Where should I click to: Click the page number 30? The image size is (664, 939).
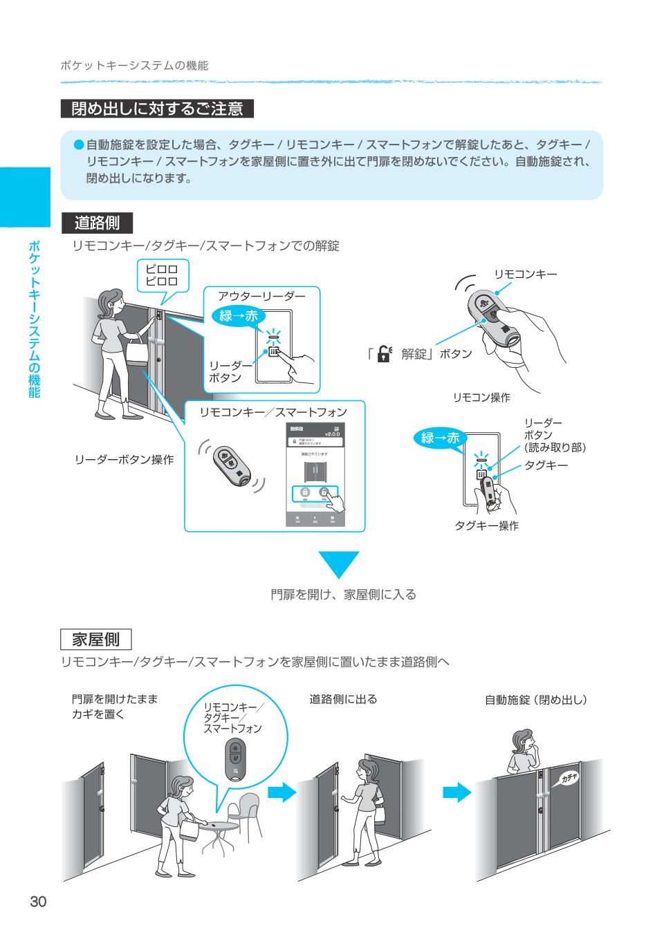(37, 902)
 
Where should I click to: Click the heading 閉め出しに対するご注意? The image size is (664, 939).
(157, 109)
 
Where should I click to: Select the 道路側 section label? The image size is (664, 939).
(97, 223)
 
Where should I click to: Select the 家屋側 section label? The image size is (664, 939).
(96, 638)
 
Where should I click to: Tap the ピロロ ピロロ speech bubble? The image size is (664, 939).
(162, 276)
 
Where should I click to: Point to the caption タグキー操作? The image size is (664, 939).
(486, 526)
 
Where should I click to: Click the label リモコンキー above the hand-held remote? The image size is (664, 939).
(525, 275)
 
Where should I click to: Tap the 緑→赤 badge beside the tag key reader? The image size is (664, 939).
(440, 438)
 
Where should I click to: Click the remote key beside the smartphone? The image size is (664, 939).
(230, 465)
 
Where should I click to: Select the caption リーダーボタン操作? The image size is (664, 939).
(124, 459)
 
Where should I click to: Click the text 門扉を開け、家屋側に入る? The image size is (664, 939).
(343, 595)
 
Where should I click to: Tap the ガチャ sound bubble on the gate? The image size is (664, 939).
(568, 779)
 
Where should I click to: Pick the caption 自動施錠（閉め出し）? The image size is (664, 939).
(535, 700)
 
